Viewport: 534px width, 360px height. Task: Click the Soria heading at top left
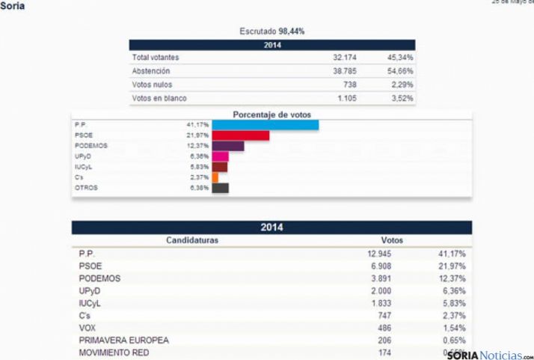click(x=13, y=6)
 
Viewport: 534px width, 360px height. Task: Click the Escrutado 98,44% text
click(x=271, y=31)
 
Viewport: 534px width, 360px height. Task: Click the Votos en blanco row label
click(x=159, y=98)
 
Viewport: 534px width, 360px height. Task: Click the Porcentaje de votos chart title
click(x=271, y=115)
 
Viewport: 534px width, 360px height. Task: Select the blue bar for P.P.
click(x=266, y=124)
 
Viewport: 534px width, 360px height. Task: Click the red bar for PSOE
click(x=240, y=135)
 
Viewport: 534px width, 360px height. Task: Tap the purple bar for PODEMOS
click(x=227, y=146)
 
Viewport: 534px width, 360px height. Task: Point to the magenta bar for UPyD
click(x=220, y=156)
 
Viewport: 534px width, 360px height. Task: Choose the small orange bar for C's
click(x=215, y=177)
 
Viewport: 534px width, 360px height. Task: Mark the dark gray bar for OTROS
click(x=220, y=188)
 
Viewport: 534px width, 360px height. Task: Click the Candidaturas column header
click(x=191, y=240)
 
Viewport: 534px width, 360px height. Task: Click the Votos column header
click(x=392, y=240)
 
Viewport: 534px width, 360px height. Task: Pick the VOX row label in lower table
click(x=87, y=328)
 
